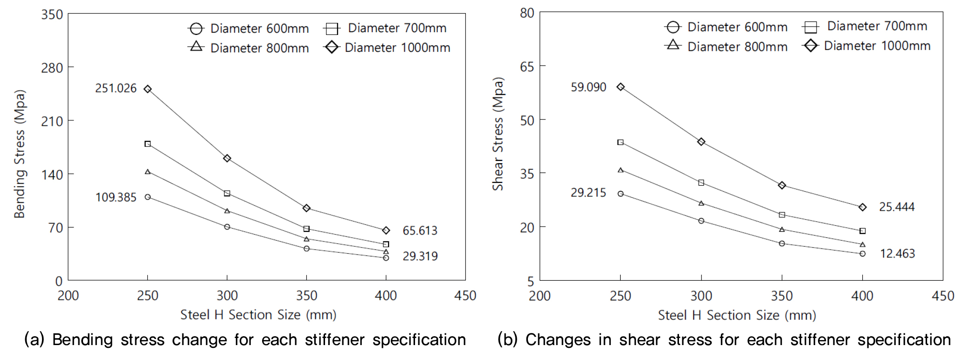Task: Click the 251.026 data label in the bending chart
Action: (116, 88)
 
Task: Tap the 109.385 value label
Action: (116, 197)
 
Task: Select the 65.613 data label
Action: (420, 230)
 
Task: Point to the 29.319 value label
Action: (420, 256)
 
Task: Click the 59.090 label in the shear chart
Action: (588, 87)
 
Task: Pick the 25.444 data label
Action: (896, 207)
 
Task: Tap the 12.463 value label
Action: (897, 254)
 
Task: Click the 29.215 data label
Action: (588, 193)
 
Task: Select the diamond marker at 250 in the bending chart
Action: (148, 89)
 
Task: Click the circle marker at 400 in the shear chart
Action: (862, 254)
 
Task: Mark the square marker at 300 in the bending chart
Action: (227, 194)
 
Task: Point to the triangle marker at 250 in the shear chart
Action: (620, 170)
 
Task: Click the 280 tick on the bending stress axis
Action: (52, 68)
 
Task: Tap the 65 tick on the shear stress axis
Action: (527, 67)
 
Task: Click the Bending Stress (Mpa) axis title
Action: (20, 154)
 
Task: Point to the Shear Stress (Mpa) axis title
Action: (498, 134)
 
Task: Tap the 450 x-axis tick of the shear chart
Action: (942, 296)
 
